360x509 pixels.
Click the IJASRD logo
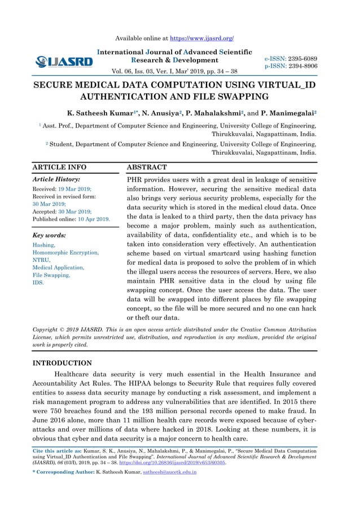(64, 61)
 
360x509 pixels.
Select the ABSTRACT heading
(147, 168)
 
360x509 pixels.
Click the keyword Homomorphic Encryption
(66, 253)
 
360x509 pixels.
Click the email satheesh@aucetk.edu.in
(164, 472)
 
